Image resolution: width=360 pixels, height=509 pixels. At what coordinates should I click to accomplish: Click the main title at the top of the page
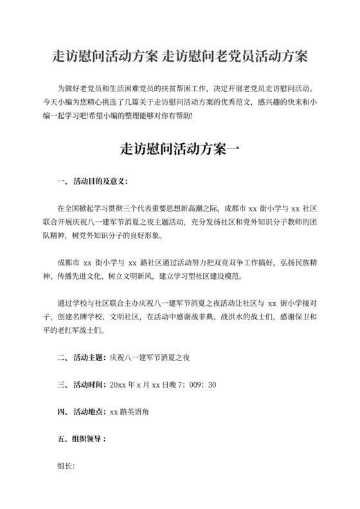180,57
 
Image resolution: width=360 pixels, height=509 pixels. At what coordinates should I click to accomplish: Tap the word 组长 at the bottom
66,467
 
